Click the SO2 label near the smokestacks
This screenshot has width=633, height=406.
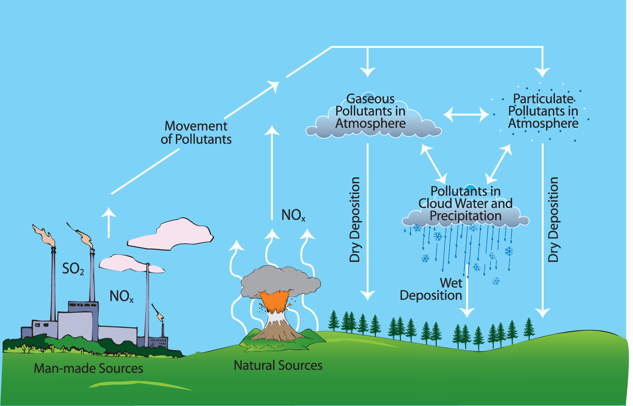click(x=73, y=269)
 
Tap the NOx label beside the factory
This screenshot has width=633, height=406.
click(x=121, y=296)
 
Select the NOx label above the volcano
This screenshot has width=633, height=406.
click(x=293, y=215)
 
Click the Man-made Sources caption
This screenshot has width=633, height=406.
click(x=89, y=369)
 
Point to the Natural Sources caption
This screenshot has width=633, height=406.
click(x=278, y=365)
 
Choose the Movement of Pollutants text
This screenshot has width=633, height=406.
click(x=196, y=132)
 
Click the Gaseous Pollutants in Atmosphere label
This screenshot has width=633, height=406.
click(x=370, y=111)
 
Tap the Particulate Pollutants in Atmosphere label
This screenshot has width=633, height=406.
click(x=543, y=111)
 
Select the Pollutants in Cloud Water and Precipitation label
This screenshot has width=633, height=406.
click(x=465, y=204)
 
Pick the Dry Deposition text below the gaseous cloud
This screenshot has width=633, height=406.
click(x=355, y=220)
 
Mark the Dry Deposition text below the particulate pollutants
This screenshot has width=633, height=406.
click(x=554, y=220)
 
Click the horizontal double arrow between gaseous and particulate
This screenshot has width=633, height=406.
click(x=466, y=114)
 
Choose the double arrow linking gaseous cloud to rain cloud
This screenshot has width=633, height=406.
click(x=434, y=162)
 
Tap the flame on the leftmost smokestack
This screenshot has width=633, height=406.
click(x=44, y=235)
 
